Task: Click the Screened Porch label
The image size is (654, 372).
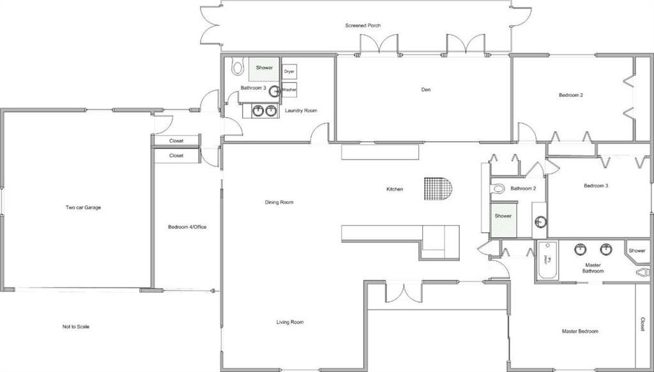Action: coord(363,26)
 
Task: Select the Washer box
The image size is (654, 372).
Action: coord(289,90)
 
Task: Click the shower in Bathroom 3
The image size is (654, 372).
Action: coord(264,68)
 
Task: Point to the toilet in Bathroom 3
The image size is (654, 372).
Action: coord(238,66)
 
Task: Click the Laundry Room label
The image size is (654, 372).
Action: coord(301,110)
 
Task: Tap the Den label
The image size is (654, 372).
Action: coord(425,89)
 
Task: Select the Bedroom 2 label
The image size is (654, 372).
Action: coord(570,95)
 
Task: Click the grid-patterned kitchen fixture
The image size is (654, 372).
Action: coord(437,188)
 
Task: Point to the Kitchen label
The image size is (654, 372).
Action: coord(395,189)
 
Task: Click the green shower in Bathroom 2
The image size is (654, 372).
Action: coord(503,216)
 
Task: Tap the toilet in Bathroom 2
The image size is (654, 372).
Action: coord(498,189)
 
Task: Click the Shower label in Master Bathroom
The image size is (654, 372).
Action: coord(637,251)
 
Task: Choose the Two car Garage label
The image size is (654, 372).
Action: coord(83,207)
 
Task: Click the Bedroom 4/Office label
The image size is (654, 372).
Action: coord(187,227)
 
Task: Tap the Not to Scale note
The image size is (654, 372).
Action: coord(75,327)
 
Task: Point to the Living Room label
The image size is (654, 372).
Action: coord(290,322)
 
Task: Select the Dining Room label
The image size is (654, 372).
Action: coord(279,202)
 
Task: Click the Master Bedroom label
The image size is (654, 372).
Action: coord(580,331)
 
